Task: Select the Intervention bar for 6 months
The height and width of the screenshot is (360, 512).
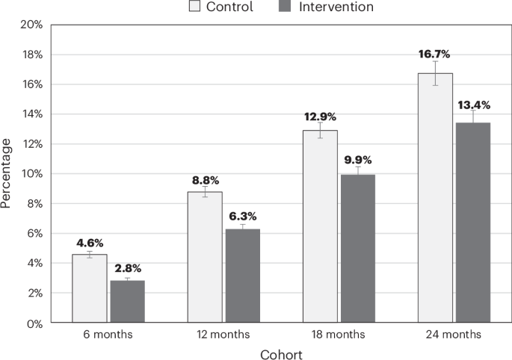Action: point(127,302)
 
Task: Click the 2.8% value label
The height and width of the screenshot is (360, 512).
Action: point(128,268)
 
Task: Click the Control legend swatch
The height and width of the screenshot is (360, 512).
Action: point(195,7)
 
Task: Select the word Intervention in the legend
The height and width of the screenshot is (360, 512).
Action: point(336,7)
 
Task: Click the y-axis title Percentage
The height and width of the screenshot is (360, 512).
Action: point(7,173)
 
